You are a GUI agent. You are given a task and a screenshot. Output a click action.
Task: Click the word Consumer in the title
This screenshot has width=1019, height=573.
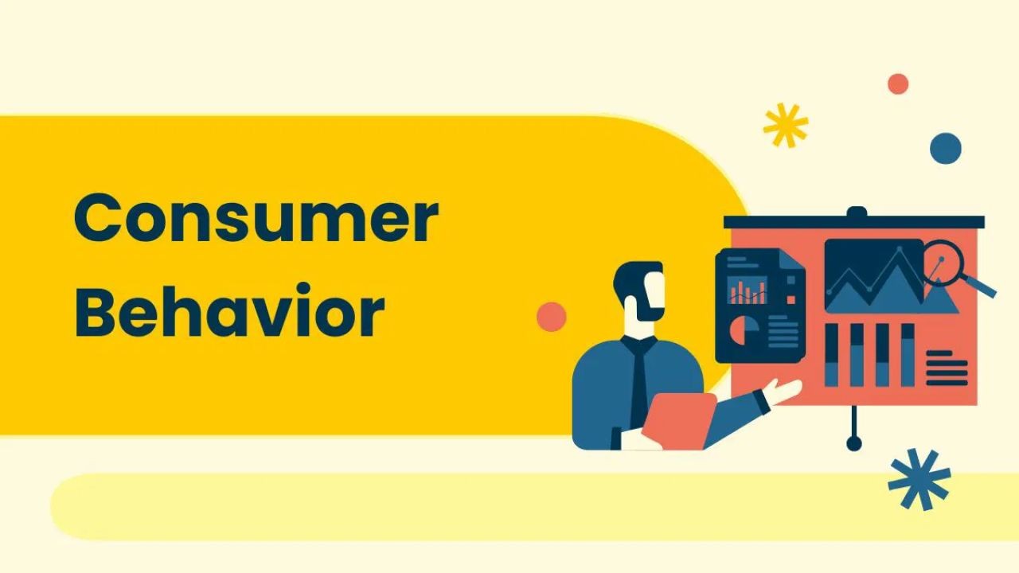click(256, 220)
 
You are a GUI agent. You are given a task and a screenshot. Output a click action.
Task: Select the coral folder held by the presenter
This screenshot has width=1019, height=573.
click(677, 421)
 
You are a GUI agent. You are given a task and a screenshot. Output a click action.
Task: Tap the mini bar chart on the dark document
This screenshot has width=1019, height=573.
click(748, 290)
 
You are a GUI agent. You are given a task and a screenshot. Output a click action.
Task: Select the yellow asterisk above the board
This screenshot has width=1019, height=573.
click(785, 126)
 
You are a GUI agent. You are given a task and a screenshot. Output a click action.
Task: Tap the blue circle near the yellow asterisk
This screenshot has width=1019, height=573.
click(946, 148)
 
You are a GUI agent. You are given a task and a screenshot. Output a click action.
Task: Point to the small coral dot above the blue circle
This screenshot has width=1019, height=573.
click(898, 84)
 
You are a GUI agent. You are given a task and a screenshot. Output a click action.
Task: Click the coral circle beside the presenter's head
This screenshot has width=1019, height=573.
click(552, 317)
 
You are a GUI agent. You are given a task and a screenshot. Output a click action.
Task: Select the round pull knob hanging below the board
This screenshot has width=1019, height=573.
click(854, 442)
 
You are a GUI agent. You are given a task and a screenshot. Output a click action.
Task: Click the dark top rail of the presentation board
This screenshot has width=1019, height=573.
click(853, 222)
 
